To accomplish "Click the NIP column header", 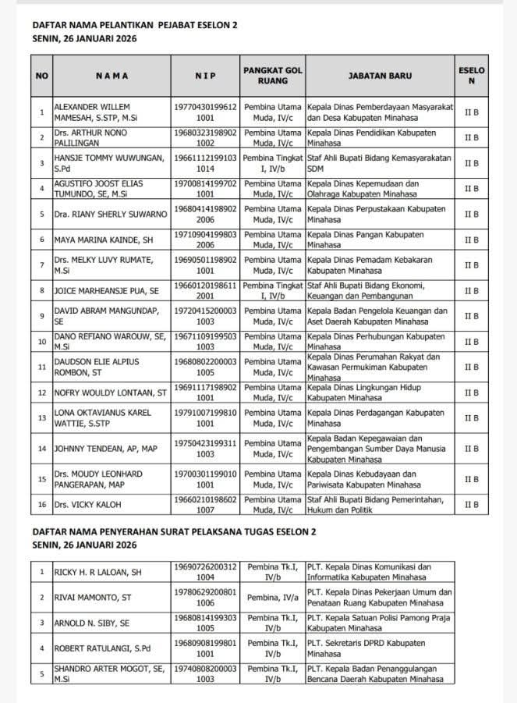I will pos(205,76).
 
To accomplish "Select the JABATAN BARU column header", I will pos(380,76).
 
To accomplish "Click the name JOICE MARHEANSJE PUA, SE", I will pos(106,291).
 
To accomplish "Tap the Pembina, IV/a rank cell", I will pos(272,598).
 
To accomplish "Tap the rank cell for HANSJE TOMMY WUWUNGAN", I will pos(272,163).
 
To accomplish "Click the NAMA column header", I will pos(112,76).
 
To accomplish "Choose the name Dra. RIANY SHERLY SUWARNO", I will pos(110,214).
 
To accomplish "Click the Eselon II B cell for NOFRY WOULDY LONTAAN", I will pos(471,392).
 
